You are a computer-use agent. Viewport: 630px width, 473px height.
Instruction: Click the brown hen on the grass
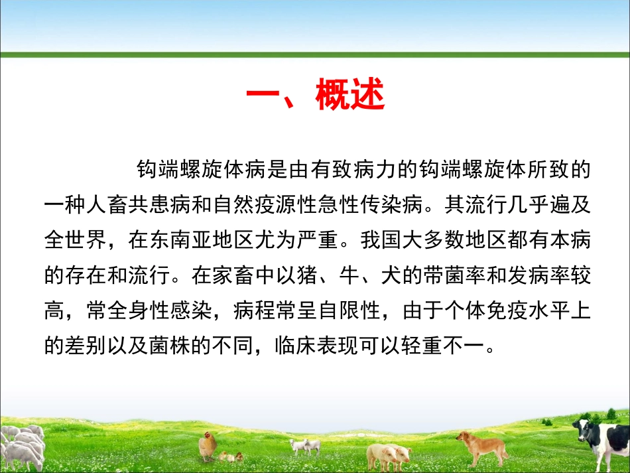pos(208,445)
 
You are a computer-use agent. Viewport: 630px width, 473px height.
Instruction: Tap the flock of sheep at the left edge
pos(21,445)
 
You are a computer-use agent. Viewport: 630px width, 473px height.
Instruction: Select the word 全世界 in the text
pos(72,239)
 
